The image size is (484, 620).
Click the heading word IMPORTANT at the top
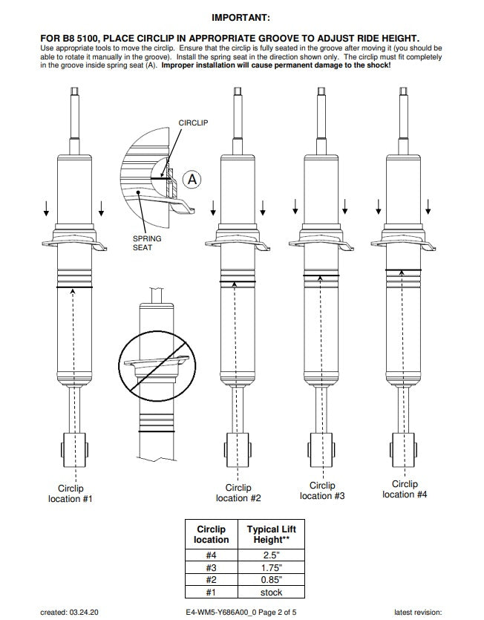241,17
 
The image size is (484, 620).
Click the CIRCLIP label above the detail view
192,123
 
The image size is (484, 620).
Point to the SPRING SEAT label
146,243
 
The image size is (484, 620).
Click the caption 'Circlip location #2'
238,492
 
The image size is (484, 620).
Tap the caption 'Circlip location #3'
322,490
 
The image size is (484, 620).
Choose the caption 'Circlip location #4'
405,489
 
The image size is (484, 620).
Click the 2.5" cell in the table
272,554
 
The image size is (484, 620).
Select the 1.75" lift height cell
272,567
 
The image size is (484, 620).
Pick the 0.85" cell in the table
272,579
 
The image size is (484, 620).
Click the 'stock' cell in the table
272,592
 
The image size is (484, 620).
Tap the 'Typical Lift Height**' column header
272,535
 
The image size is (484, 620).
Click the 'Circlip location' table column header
212,535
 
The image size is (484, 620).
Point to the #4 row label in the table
212,554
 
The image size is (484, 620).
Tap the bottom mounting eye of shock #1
73,451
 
